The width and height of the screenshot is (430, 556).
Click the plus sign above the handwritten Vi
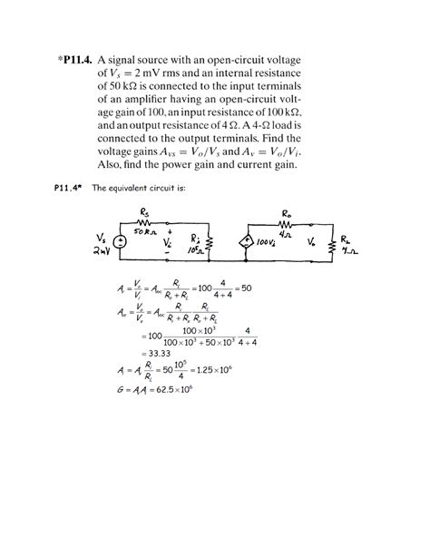tap(168, 231)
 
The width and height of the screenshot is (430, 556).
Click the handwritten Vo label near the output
tap(311, 244)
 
